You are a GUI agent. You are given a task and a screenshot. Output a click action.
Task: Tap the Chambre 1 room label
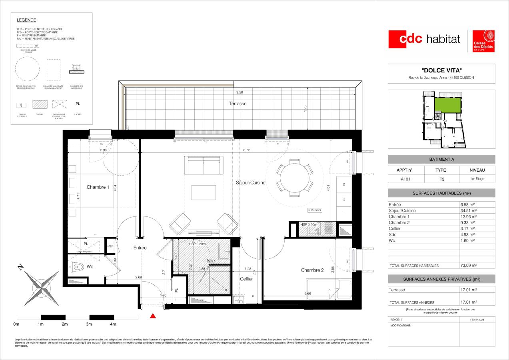tap(98, 187)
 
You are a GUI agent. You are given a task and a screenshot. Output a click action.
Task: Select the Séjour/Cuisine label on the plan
tap(250, 182)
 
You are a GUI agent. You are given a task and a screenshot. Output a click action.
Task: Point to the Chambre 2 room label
tap(312, 270)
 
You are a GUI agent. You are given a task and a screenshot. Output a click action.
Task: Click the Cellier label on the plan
tap(246, 279)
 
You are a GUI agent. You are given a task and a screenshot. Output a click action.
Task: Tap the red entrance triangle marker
tap(152, 316)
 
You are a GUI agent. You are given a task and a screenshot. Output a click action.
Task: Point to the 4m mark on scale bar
tap(113, 324)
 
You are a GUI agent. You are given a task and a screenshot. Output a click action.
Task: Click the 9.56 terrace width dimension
tap(240, 93)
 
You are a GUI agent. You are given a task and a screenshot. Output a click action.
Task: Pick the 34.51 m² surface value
tap(469, 210)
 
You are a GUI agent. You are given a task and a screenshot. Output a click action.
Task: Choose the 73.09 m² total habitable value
tap(469, 265)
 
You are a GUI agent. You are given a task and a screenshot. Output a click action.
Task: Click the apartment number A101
tap(404, 179)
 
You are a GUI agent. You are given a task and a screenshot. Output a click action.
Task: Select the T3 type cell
tap(441, 179)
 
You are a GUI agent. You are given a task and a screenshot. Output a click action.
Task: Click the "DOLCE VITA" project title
tap(441, 70)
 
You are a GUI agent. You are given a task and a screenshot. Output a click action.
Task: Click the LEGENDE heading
tap(26, 20)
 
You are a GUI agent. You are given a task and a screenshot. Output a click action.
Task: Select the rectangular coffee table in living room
tap(204, 192)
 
